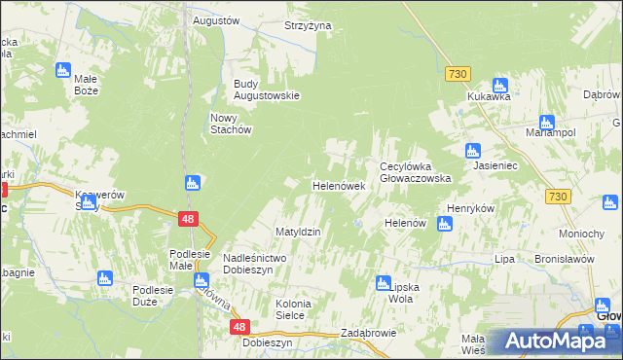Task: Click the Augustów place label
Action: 216,20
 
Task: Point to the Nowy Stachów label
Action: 232,124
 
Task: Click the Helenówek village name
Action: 338,185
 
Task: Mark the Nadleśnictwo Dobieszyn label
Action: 253,264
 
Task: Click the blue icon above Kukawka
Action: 500,85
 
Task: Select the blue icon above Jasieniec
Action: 472,151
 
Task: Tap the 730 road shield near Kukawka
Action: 458,74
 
